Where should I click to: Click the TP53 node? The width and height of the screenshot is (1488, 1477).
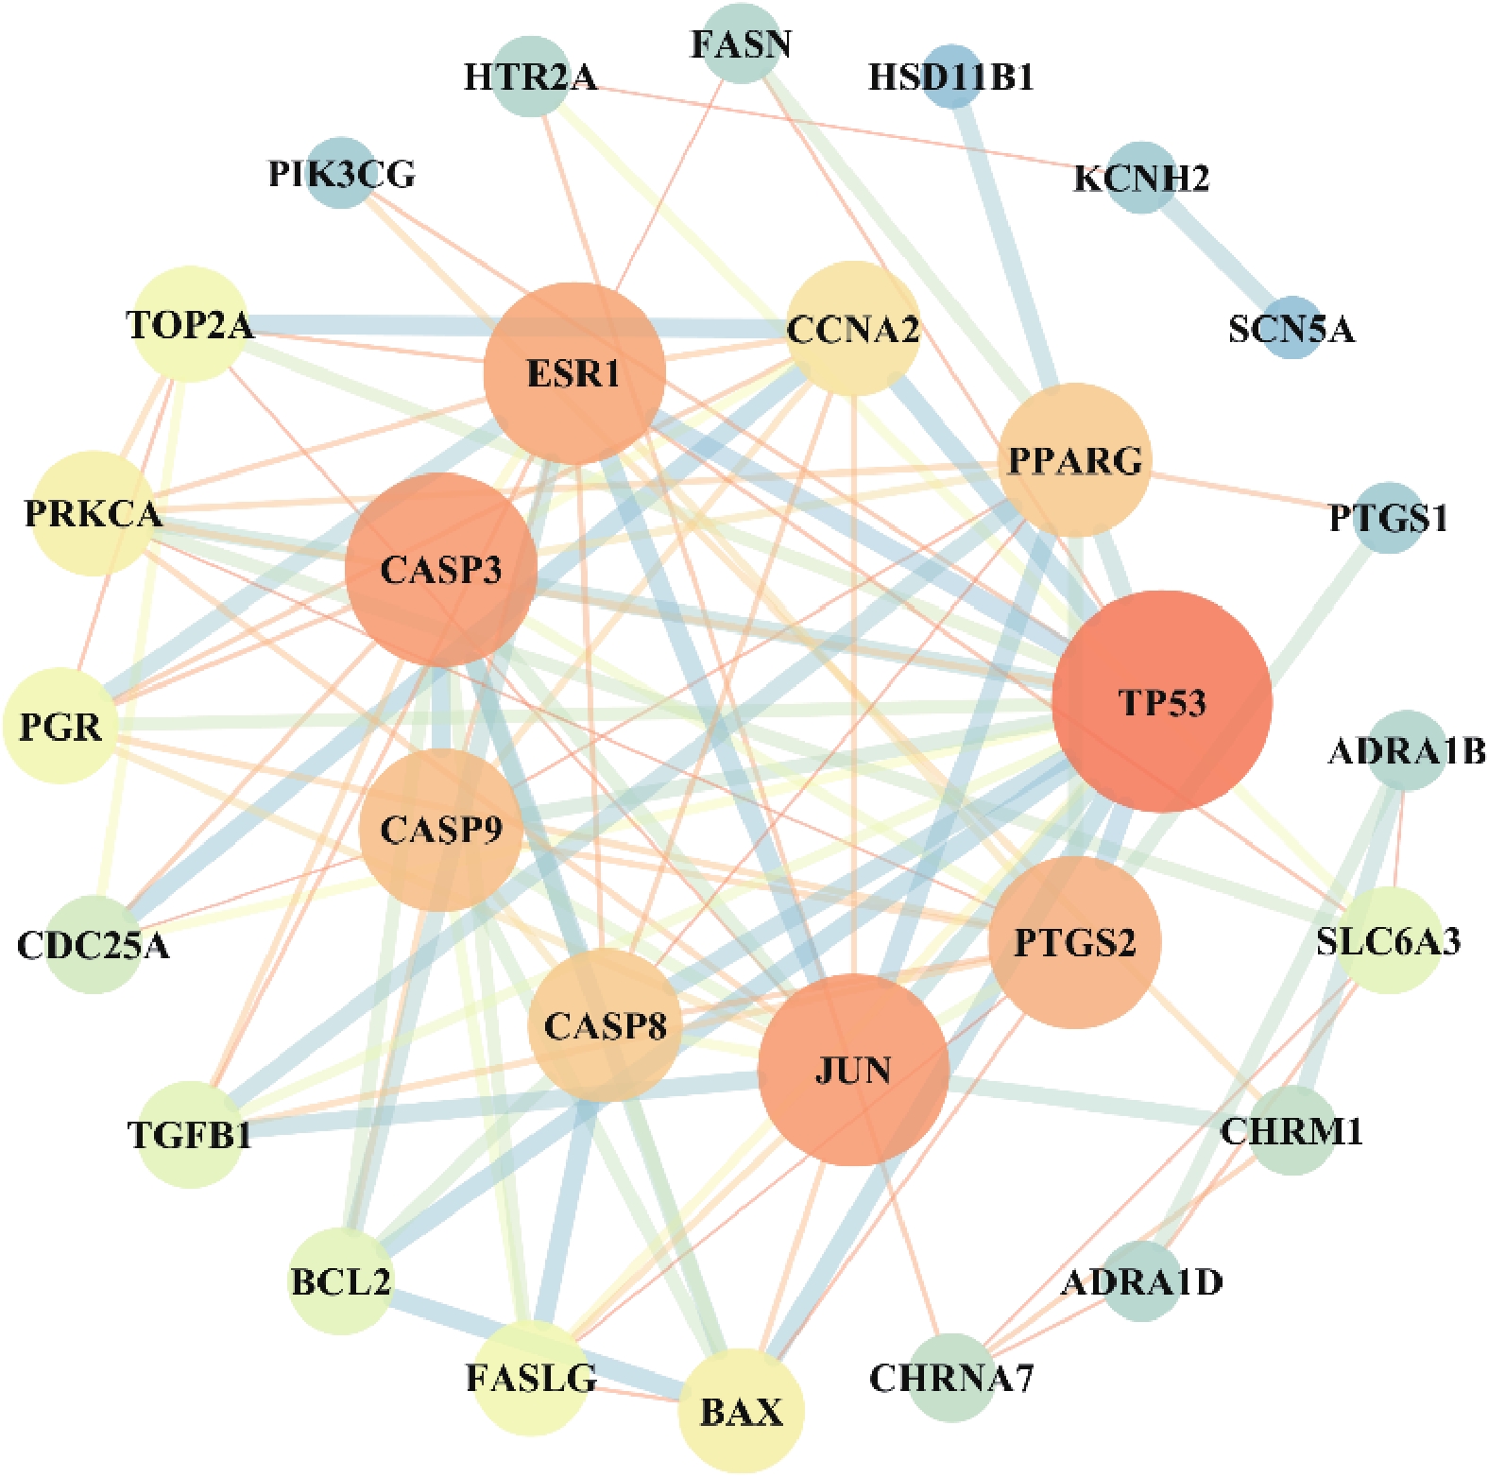pos(1162,701)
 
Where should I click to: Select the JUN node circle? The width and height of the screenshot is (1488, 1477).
pos(853,1070)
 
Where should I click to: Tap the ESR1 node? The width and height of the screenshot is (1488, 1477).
pos(574,373)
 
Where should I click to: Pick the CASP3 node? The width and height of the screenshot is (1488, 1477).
pos(441,570)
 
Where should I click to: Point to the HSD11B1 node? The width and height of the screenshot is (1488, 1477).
pos(951,76)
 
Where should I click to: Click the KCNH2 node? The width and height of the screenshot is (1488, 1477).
pos(1141,177)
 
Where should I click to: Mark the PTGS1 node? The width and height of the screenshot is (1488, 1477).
pos(1388,517)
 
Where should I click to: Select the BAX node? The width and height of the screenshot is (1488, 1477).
pos(742,1411)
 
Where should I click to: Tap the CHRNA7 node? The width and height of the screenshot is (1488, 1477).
pos(951,1378)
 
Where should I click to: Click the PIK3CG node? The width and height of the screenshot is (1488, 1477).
pos(341,173)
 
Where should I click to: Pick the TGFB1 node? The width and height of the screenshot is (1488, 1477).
pos(190,1133)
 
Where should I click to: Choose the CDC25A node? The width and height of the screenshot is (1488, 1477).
pos(93,944)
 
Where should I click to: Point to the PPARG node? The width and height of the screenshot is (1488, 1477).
pos(1075,460)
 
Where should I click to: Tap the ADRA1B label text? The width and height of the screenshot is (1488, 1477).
pos(1407,752)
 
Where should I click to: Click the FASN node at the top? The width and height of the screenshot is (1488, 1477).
pos(741,43)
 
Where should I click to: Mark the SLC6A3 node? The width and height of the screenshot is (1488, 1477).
pos(1388,940)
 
